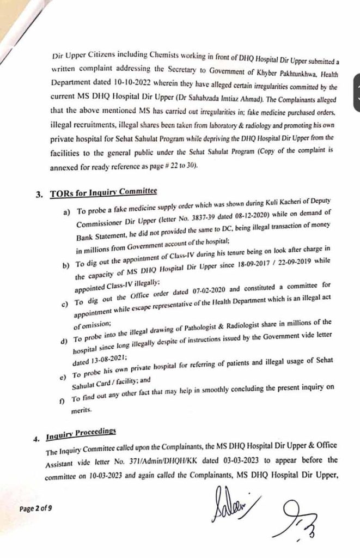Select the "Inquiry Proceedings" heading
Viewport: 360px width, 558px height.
coord(82,432)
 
